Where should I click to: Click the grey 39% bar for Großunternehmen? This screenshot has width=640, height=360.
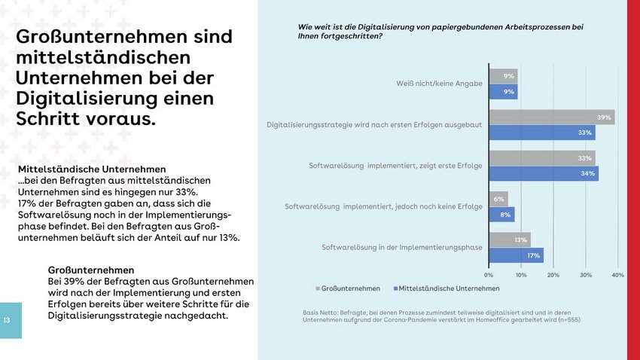(551, 117)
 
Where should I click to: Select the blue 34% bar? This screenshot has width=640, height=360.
(543, 174)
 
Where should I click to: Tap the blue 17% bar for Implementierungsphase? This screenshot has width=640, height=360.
(516, 255)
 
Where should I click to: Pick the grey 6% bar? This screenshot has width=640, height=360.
(498, 199)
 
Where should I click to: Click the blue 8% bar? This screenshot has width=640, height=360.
(501, 215)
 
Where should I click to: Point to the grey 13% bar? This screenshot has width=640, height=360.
(509, 239)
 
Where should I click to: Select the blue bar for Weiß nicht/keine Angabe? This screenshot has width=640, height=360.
(503, 92)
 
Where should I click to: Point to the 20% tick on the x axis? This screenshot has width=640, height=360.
(553, 275)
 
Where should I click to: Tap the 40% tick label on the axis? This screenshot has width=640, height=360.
(617, 275)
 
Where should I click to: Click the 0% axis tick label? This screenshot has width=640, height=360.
(489, 275)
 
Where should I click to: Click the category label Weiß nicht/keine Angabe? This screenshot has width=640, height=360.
(439, 84)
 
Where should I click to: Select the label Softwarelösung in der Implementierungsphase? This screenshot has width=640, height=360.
(402, 247)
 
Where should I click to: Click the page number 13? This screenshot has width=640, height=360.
(6, 321)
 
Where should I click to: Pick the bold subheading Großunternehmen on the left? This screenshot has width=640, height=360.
(91, 270)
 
